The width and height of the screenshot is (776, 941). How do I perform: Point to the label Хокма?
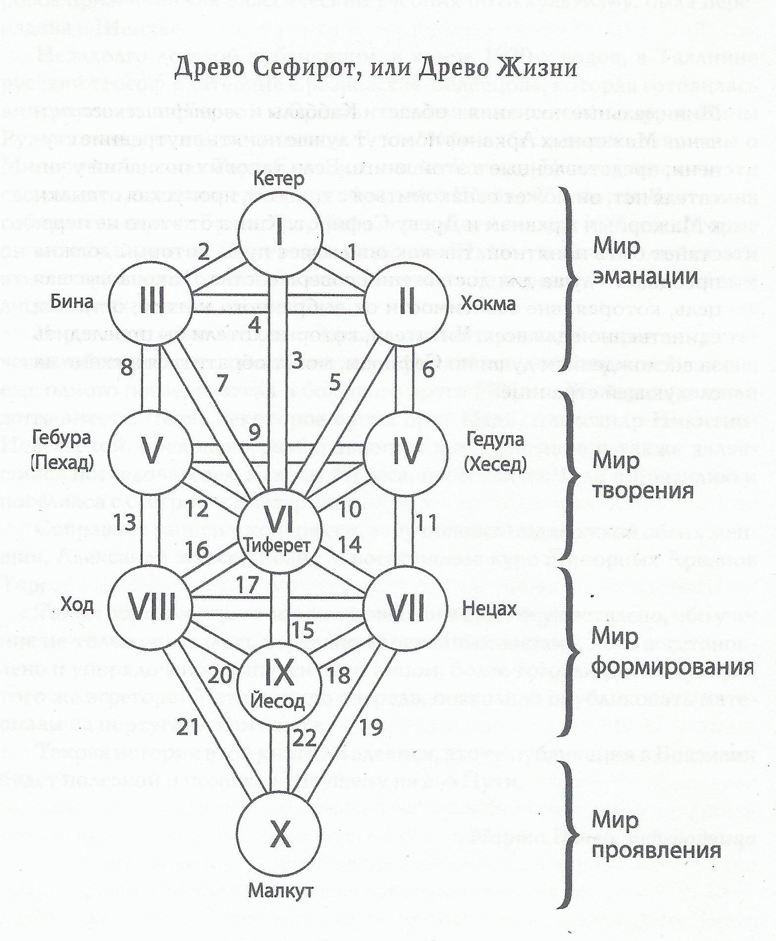[488, 303]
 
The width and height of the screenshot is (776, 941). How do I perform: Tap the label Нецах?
[489, 607]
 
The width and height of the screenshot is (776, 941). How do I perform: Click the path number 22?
[304, 739]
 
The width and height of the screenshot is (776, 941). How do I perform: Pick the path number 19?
[371, 727]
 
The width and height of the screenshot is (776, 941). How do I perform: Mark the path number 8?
[126, 367]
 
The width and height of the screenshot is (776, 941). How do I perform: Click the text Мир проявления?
[655, 835]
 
